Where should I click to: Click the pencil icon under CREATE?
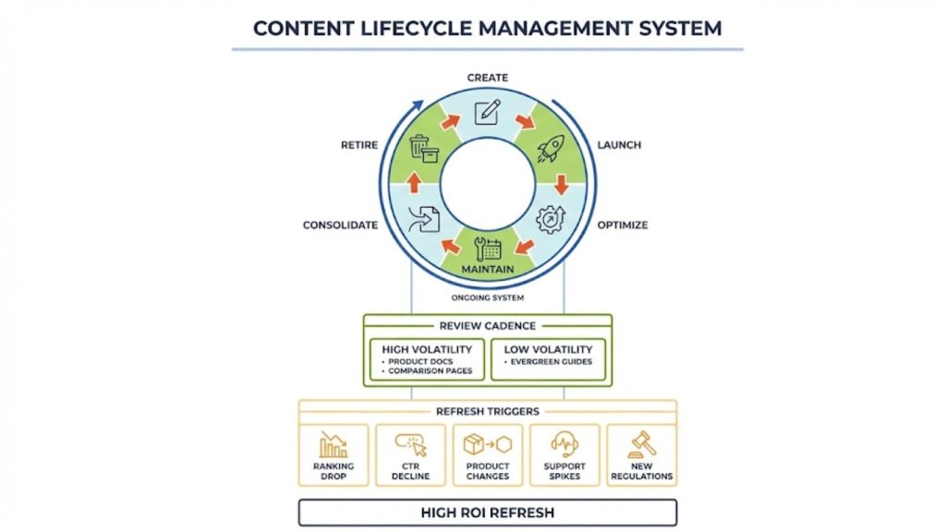(x=487, y=112)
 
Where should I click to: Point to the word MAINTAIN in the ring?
(x=487, y=269)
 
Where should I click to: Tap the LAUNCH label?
(x=619, y=145)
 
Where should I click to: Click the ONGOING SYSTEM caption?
(x=487, y=297)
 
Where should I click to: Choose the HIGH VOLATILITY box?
(x=427, y=359)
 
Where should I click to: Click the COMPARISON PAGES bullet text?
(x=431, y=370)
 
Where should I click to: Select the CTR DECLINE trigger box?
(x=410, y=454)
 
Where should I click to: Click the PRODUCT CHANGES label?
(x=487, y=471)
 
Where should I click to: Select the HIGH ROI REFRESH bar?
(x=487, y=513)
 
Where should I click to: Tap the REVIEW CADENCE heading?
(x=487, y=325)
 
